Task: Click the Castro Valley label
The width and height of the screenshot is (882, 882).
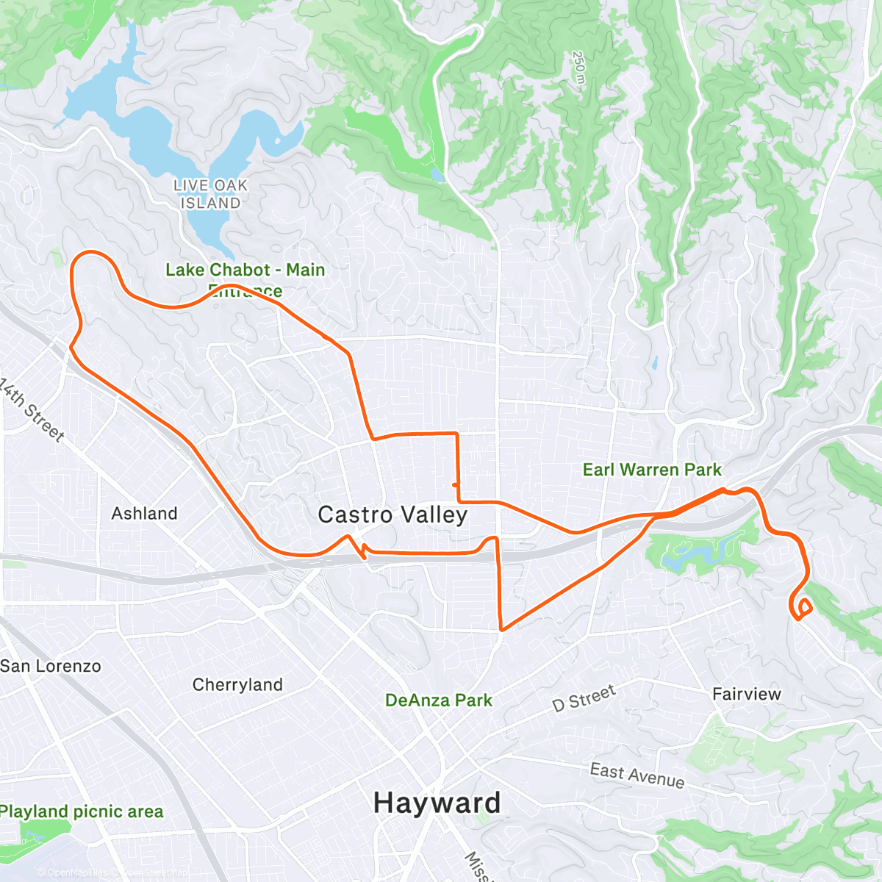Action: (392, 514)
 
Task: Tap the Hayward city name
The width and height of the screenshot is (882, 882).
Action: (437, 803)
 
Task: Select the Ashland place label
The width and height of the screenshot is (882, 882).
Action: (144, 513)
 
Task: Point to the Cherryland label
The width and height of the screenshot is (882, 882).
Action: (237, 684)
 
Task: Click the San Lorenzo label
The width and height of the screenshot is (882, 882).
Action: (51, 666)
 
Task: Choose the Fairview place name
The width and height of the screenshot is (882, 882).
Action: (747, 694)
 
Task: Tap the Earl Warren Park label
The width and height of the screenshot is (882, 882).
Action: (652, 470)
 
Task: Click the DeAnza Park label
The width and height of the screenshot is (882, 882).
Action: (439, 700)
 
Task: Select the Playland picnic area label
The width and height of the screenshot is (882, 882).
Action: (82, 811)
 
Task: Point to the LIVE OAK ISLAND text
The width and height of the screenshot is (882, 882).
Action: (210, 194)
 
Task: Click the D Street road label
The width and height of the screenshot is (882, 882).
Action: (584, 698)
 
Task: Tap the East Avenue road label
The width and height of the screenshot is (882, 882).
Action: (637, 775)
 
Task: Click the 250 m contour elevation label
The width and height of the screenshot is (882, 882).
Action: (579, 69)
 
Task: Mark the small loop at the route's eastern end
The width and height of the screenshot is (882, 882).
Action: (802, 609)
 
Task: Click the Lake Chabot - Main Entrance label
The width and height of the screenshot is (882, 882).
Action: (245, 279)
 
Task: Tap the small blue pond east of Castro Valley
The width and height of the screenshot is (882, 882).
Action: (654, 362)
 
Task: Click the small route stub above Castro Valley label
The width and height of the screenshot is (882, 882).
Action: (456, 485)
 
